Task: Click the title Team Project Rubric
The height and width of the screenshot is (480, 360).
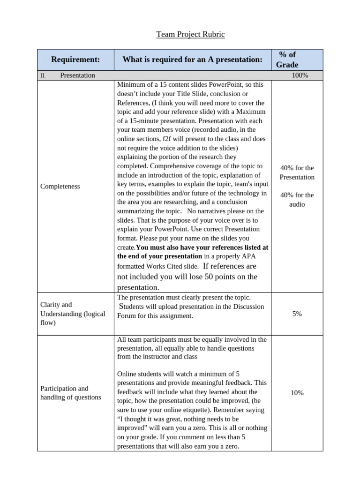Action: point(190,34)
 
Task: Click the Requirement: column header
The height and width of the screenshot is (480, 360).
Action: point(75,60)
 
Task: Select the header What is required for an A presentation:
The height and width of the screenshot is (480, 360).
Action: point(192,60)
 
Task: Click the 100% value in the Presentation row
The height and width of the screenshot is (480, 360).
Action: point(300,75)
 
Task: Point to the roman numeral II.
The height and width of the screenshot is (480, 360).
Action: point(42,75)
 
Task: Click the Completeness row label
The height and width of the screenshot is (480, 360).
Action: point(60,187)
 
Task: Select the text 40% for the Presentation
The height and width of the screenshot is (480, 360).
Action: point(297,172)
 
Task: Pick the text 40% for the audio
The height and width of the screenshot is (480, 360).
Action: point(297,200)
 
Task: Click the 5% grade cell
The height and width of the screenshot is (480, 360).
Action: point(297,314)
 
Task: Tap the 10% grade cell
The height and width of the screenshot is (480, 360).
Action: point(297,393)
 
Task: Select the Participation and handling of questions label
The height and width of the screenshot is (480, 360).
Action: point(70,393)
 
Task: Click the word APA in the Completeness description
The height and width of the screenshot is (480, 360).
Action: point(256,256)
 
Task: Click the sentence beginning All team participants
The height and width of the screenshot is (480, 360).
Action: point(192,340)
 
